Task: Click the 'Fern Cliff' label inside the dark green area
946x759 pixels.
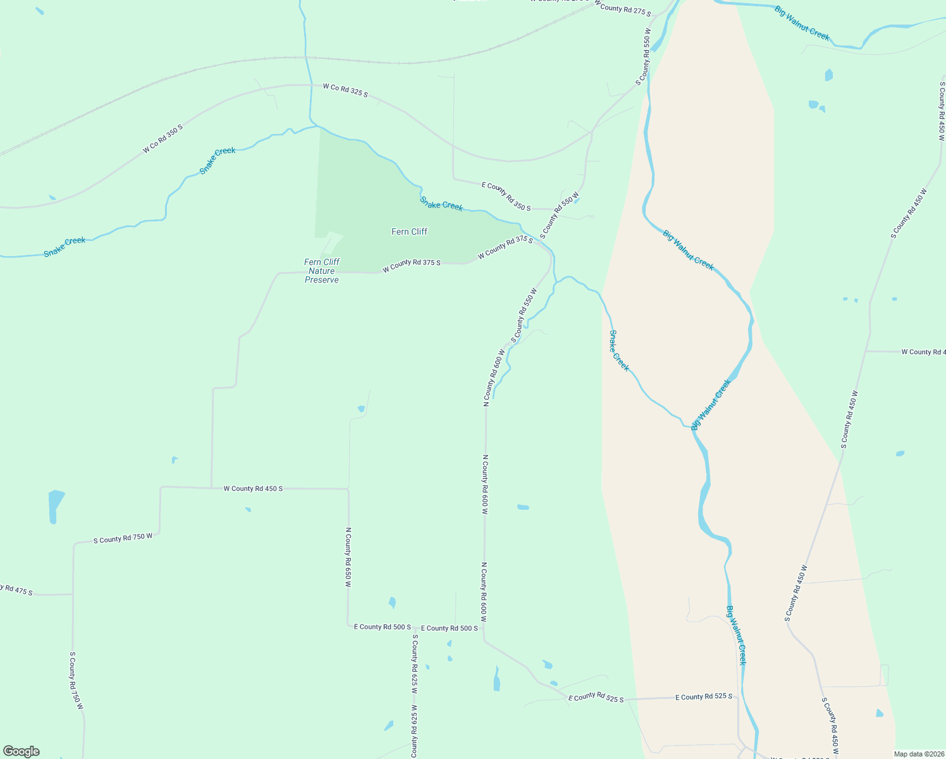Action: pos(409,231)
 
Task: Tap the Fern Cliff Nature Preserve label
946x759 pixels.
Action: pos(322,271)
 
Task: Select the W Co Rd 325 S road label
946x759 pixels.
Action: pos(345,90)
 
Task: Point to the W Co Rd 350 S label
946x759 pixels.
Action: pos(163,139)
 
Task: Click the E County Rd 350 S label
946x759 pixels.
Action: pos(506,196)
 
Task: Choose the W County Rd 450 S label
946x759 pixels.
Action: pos(253,488)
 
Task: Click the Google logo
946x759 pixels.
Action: pos(21,751)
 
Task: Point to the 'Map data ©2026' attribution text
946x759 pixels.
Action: pos(918,754)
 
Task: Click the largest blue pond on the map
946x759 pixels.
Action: pos(56,506)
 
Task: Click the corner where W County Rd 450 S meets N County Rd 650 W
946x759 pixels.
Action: pos(348,489)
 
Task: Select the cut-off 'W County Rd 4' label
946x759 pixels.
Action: pos(923,352)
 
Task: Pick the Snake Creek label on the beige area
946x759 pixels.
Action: pos(619,350)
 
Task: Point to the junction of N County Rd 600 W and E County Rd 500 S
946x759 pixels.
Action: pos(485,627)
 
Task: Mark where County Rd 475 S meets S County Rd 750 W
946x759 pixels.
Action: pos(73,595)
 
